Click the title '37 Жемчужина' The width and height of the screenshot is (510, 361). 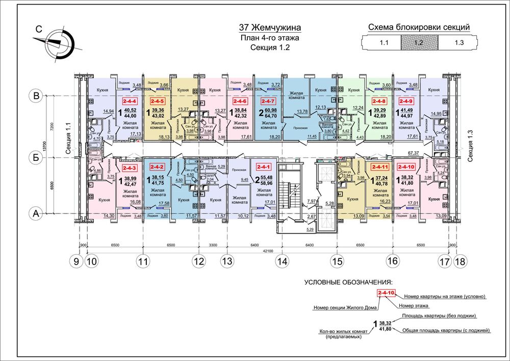pyautogui.click(x=270, y=28)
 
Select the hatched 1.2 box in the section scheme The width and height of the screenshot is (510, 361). pyautogui.click(x=419, y=43)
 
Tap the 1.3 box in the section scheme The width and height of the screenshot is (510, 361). pyautogui.click(x=458, y=43)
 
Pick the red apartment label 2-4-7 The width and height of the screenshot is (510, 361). pyautogui.click(x=269, y=102)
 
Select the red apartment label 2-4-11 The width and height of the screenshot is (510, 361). pyautogui.click(x=380, y=166)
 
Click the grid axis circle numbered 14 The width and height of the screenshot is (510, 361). pyautogui.click(x=282, y=261)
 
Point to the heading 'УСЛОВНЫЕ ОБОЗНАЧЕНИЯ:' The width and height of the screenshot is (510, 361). pyautogui.click(x=348, y=281)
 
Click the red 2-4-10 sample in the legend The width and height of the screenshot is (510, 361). pyautogui.click(x=386, y=293)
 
